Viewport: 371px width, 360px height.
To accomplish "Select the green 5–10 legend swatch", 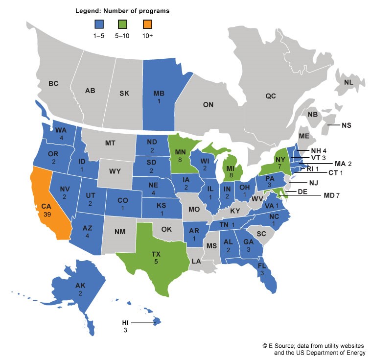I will pos(123,24).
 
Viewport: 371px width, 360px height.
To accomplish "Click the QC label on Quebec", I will pos(271,96).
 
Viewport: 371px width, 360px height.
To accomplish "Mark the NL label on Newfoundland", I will pos(348,82).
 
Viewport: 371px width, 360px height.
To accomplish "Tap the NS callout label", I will pos(346,125).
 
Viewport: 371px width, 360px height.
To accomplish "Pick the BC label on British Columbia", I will pos(53,84).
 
